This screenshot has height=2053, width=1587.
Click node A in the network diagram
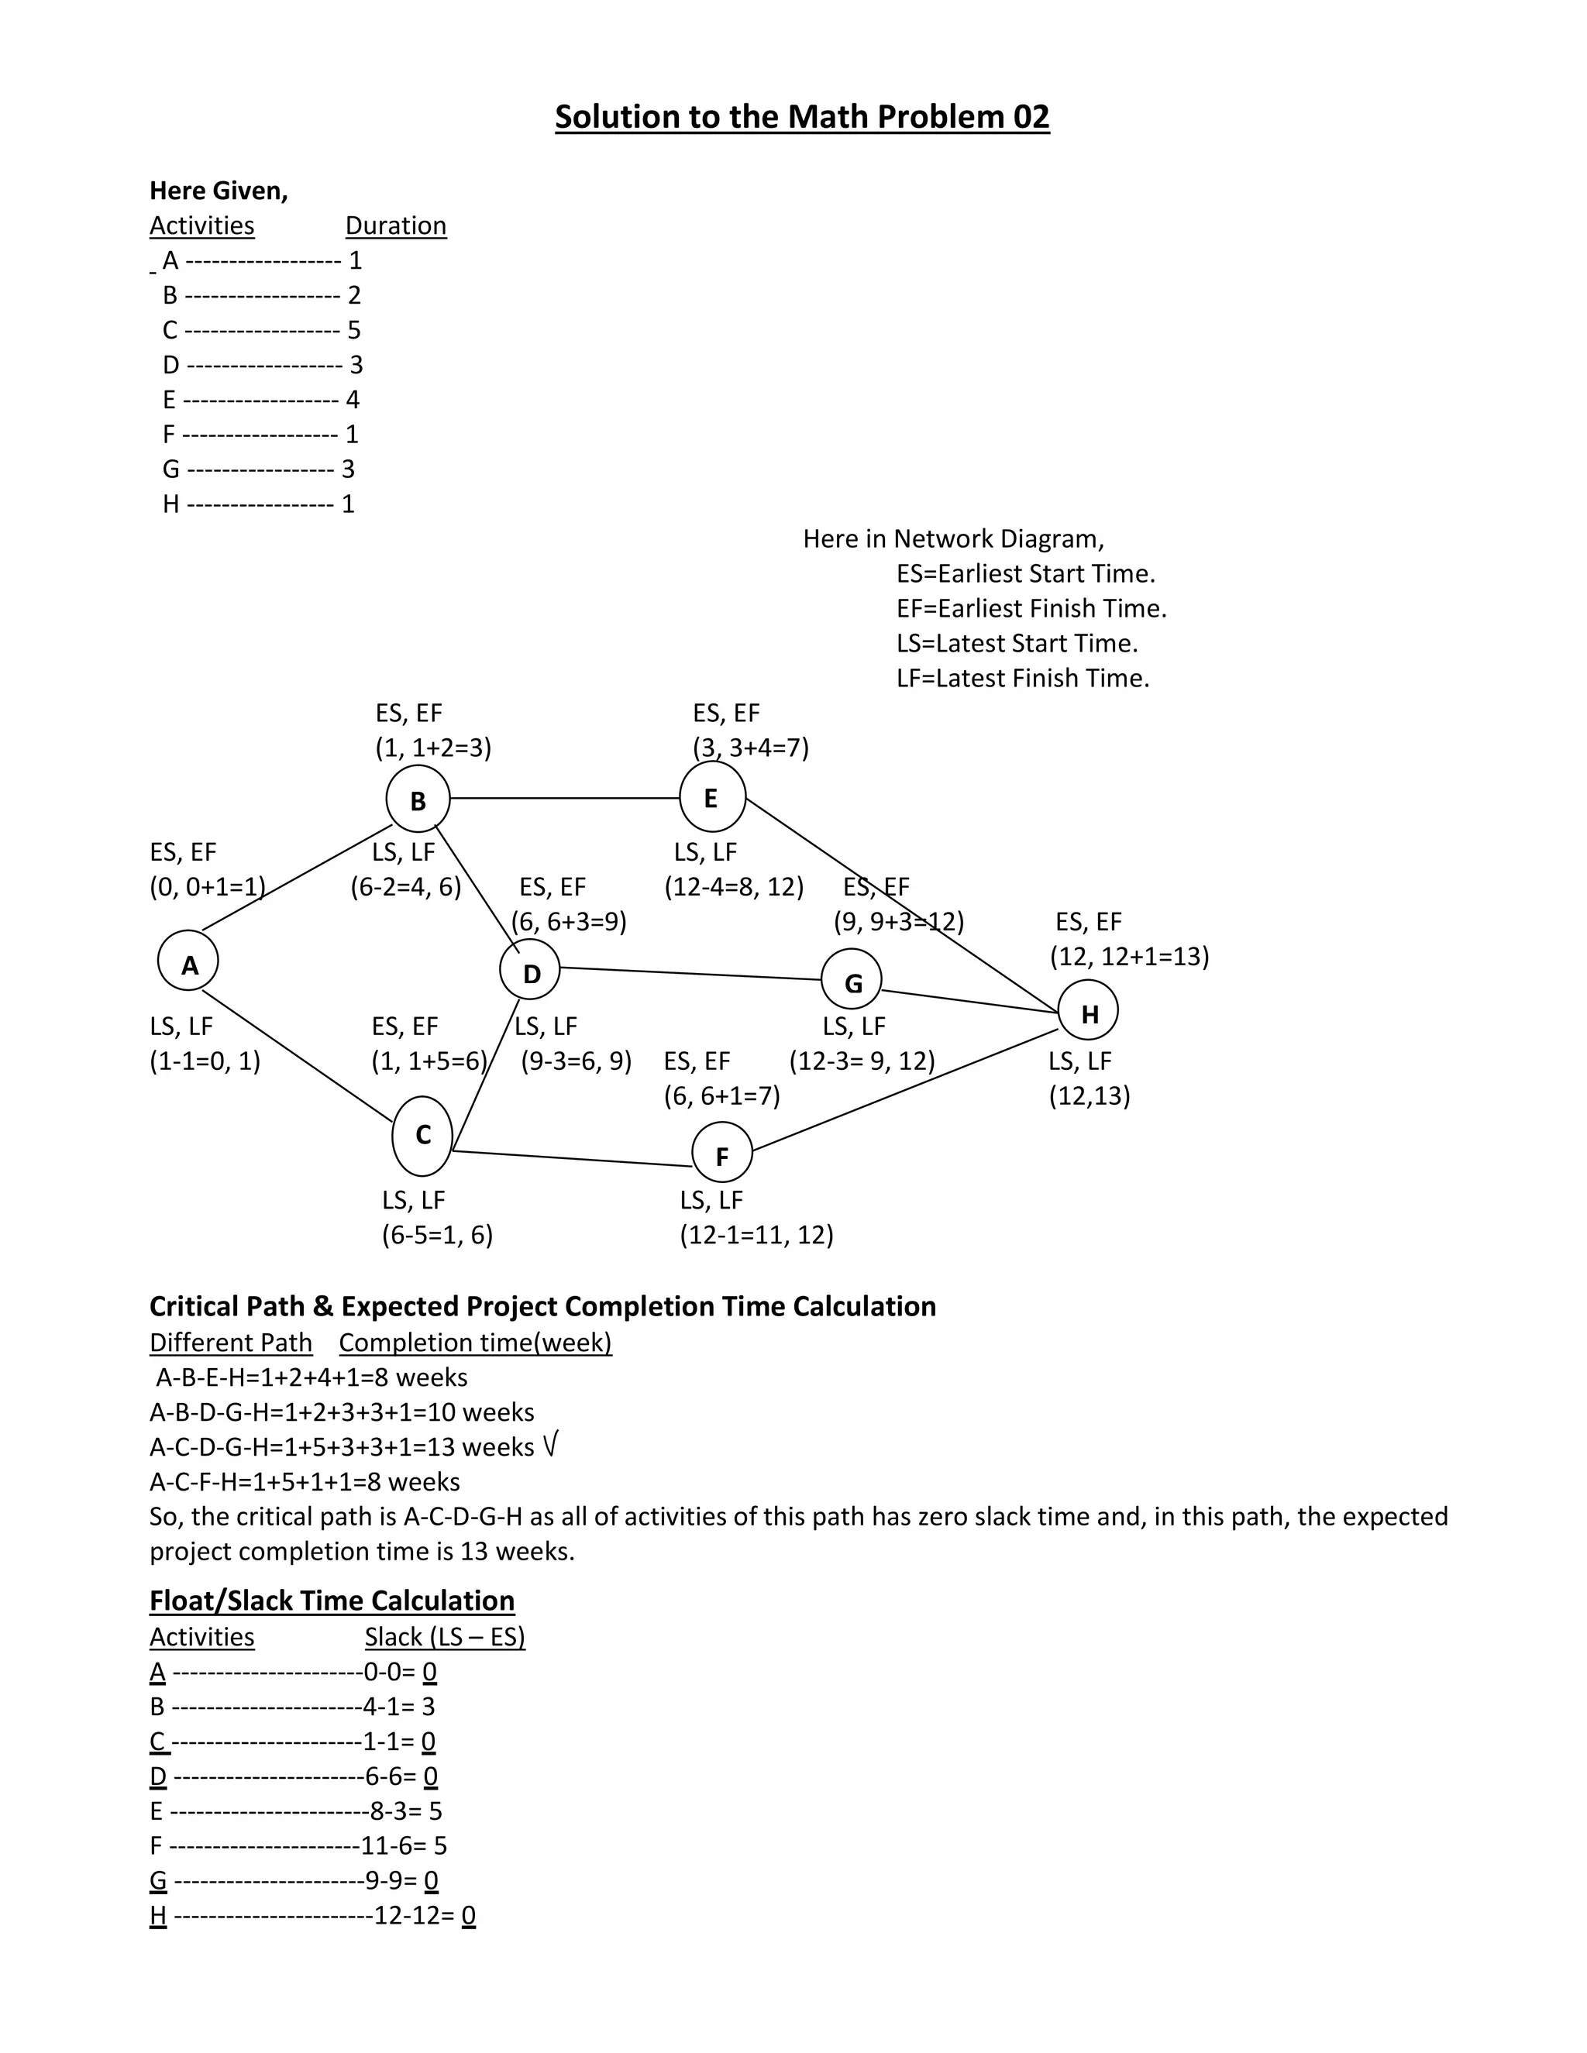pos(188,961)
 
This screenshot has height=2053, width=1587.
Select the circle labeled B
pos(418,799)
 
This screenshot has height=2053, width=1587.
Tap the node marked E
pos(711,797)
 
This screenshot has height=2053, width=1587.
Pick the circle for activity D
pos(529,971)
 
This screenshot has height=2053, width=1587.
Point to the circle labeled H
pos(1088,1012)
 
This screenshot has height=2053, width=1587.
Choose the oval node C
pos(422,1136)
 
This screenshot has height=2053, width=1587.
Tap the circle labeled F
pos(722,1154)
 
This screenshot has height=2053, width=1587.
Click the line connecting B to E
pos(564,798)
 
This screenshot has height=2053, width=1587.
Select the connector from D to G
pos(691,974)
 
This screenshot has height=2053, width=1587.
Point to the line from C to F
pos(573,1158)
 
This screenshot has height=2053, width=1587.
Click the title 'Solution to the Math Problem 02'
pos(802,116)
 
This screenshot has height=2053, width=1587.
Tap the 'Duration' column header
pos(396,225)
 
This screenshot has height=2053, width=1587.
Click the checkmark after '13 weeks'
pos(550,1446)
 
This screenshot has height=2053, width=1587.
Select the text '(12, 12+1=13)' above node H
pos(1129,956)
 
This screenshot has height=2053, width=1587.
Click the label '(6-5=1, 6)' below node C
pos(437,1234)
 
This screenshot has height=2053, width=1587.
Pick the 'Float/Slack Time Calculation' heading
pos(332,1600)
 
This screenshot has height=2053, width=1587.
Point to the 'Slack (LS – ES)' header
pos(445,1636)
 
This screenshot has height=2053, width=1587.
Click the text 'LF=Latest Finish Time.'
pos(1023,678)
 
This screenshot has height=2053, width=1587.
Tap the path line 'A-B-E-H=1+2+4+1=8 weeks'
pos(312,1377)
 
